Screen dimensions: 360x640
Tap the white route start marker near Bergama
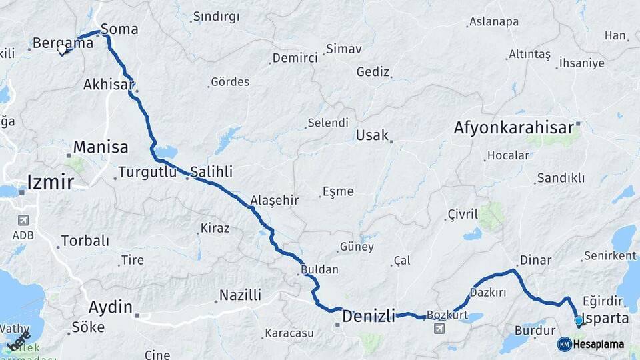click(63, 49)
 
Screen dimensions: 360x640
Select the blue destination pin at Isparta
click(579, 321)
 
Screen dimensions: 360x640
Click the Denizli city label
click(369, 315)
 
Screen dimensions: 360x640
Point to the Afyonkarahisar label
click(514, 127)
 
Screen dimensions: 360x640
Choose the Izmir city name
click(51, 181)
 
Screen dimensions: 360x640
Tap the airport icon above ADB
click(23, 220)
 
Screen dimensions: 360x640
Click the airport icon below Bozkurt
click(439, 329)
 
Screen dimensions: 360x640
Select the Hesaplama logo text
click(599, 344)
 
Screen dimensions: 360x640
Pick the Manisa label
click(101, 147)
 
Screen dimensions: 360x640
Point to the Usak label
click(372, 135)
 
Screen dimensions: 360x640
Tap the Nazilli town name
click(240, 295)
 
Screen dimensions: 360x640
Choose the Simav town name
click(343, 49)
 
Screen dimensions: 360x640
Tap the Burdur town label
click(535, 330)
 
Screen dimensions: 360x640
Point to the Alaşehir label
click(274, 200)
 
